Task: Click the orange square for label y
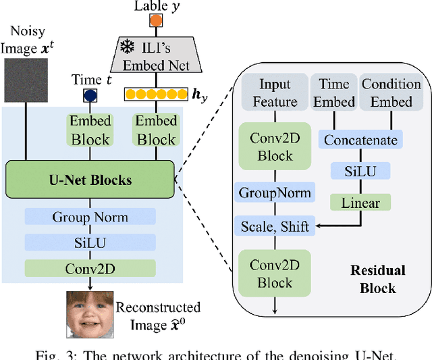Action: coord(157,20)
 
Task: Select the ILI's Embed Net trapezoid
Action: coord(156,55)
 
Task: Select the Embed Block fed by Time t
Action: coord(90,130)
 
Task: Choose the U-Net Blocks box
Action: coord(90,180)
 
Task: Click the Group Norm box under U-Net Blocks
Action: coord(90,217)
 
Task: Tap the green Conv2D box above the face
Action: coord(90,267)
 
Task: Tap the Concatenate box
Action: coord(360,140)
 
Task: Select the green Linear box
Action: coord(360,202)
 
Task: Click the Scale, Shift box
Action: coord(275,226)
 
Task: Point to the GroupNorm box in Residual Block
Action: coord(275,192)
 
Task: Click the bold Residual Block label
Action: coord(378,279)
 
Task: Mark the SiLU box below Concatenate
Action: coord(360,172)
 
